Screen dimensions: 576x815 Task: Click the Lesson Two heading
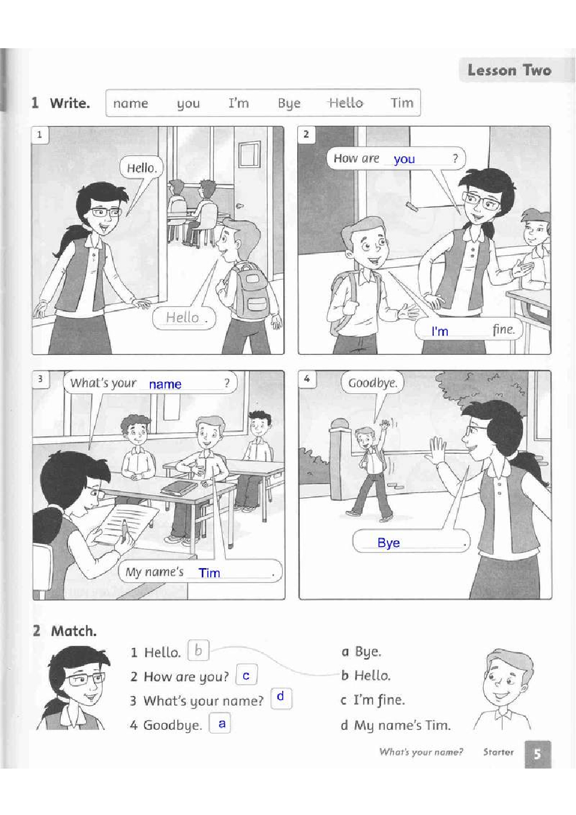point(509,70)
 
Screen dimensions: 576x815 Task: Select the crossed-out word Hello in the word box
point(346,103)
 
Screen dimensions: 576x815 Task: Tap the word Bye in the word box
point(289,104)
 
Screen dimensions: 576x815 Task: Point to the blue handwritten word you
point(404,159)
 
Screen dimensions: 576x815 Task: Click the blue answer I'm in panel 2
point(440,331)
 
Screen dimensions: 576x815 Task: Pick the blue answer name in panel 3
point(165,384)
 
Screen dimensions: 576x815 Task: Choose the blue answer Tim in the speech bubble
point(209,573)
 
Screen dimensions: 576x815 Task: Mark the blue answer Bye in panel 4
point(388,543)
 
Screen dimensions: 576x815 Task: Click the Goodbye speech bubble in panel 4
point(372,383)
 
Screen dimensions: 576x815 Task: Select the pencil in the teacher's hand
point(125,530)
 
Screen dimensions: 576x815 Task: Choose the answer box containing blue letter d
point(281,699)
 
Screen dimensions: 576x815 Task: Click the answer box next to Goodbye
point(220,723)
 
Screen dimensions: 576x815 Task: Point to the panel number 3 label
point(40,379)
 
